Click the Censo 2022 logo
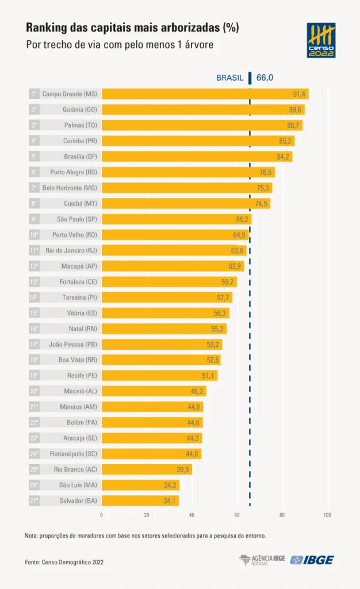tap(321, 40)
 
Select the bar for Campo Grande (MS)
tap(205, 94)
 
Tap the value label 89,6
tap(295, 110)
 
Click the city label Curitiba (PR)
tap(80, 141)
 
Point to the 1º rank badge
tap(34, 94)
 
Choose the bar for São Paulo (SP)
tap(177, 219)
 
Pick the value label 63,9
tap(237, 251)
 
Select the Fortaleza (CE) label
tap(78, 282)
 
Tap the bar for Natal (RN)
tap(164, 328)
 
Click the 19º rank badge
tap(34, 375)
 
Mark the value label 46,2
tap(197, 391)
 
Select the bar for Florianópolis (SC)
tap(151, 454)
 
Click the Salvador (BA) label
tap(78, 501)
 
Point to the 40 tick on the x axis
tap(192, 515)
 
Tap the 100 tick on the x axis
tap(327, 515)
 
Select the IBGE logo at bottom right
tap(312, 560)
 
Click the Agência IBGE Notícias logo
tap(262, 560)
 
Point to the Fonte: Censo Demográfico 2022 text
tap(64, 563)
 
